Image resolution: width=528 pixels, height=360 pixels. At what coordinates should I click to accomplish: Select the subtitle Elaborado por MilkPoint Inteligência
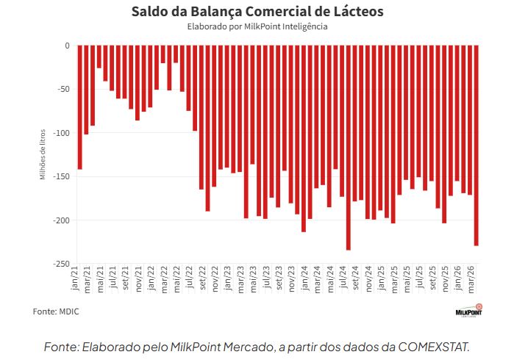click(257, 26)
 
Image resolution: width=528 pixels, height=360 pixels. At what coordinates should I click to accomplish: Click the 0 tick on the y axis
click(66, 46)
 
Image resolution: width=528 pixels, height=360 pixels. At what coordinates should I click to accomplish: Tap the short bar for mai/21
click(99, 57)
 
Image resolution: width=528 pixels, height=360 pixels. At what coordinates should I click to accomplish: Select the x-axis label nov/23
click(292, 282)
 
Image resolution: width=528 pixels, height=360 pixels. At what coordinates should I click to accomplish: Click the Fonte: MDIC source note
click(56, 312)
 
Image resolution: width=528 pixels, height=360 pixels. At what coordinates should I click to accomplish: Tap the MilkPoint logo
click(468, 311)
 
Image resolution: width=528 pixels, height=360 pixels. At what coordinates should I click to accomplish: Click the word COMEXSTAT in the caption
click(433, 345)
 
